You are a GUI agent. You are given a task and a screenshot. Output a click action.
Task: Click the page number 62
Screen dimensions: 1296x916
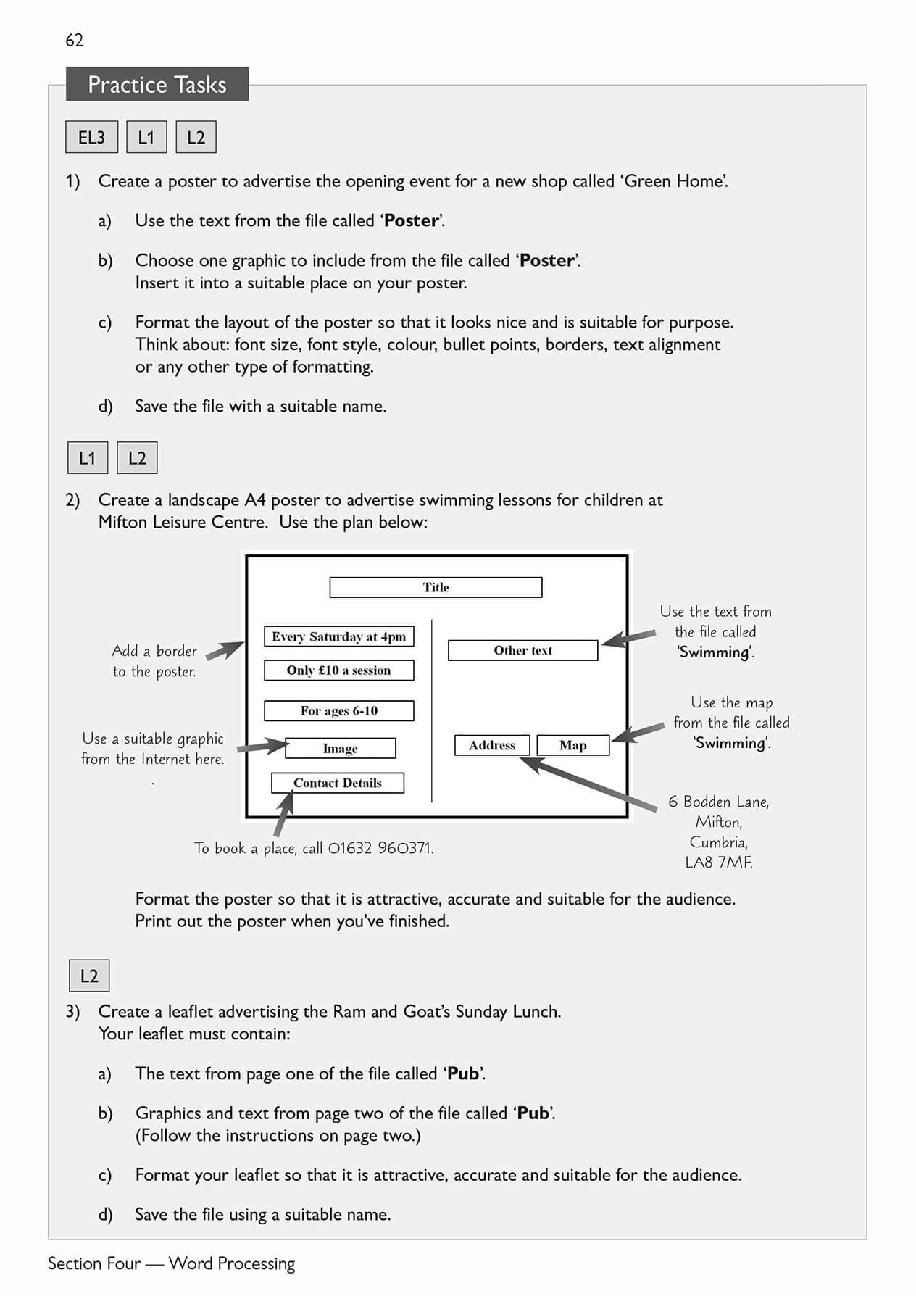(75, 41)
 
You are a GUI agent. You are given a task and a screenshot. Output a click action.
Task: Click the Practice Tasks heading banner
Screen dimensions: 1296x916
(157, 85)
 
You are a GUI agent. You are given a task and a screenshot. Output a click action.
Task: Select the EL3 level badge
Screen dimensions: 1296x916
(91, 137)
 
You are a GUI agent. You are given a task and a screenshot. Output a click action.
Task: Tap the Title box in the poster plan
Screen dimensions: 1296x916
(436, 587)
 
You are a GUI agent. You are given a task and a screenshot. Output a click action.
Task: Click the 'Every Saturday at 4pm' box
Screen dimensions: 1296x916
(338, 636)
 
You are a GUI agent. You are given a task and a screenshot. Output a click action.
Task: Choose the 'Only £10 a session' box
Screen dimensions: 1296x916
(338, 670)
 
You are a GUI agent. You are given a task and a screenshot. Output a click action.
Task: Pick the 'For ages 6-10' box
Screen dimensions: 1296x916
(338, 710)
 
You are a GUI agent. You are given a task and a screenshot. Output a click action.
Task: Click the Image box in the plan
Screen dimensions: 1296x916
(340, 748)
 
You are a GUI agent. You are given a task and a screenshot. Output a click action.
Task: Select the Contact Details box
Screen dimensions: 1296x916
(337, 783)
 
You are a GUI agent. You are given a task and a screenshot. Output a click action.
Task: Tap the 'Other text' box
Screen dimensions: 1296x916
(522, 650)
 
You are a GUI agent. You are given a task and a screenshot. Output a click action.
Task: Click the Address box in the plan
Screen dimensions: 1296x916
(492, 745)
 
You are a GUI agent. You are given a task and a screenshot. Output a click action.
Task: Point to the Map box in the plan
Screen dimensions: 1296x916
(572, 745)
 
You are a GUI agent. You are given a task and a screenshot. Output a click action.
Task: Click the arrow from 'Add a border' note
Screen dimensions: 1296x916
(225, 650)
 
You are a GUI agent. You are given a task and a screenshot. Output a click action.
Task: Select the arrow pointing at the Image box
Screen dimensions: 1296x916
(262, 746)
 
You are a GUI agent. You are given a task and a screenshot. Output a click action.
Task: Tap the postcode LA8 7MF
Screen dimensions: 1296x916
(718, 863)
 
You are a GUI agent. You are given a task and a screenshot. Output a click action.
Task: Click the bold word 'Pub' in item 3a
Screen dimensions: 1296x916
(463, 1073)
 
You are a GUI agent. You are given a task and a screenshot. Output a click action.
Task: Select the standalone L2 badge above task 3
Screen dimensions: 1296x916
(89, 976)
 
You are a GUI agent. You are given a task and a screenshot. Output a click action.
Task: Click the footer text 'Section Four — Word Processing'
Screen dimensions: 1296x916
(172, 1263)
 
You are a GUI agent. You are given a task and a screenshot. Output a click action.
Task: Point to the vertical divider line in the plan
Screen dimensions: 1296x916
(432, 710)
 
